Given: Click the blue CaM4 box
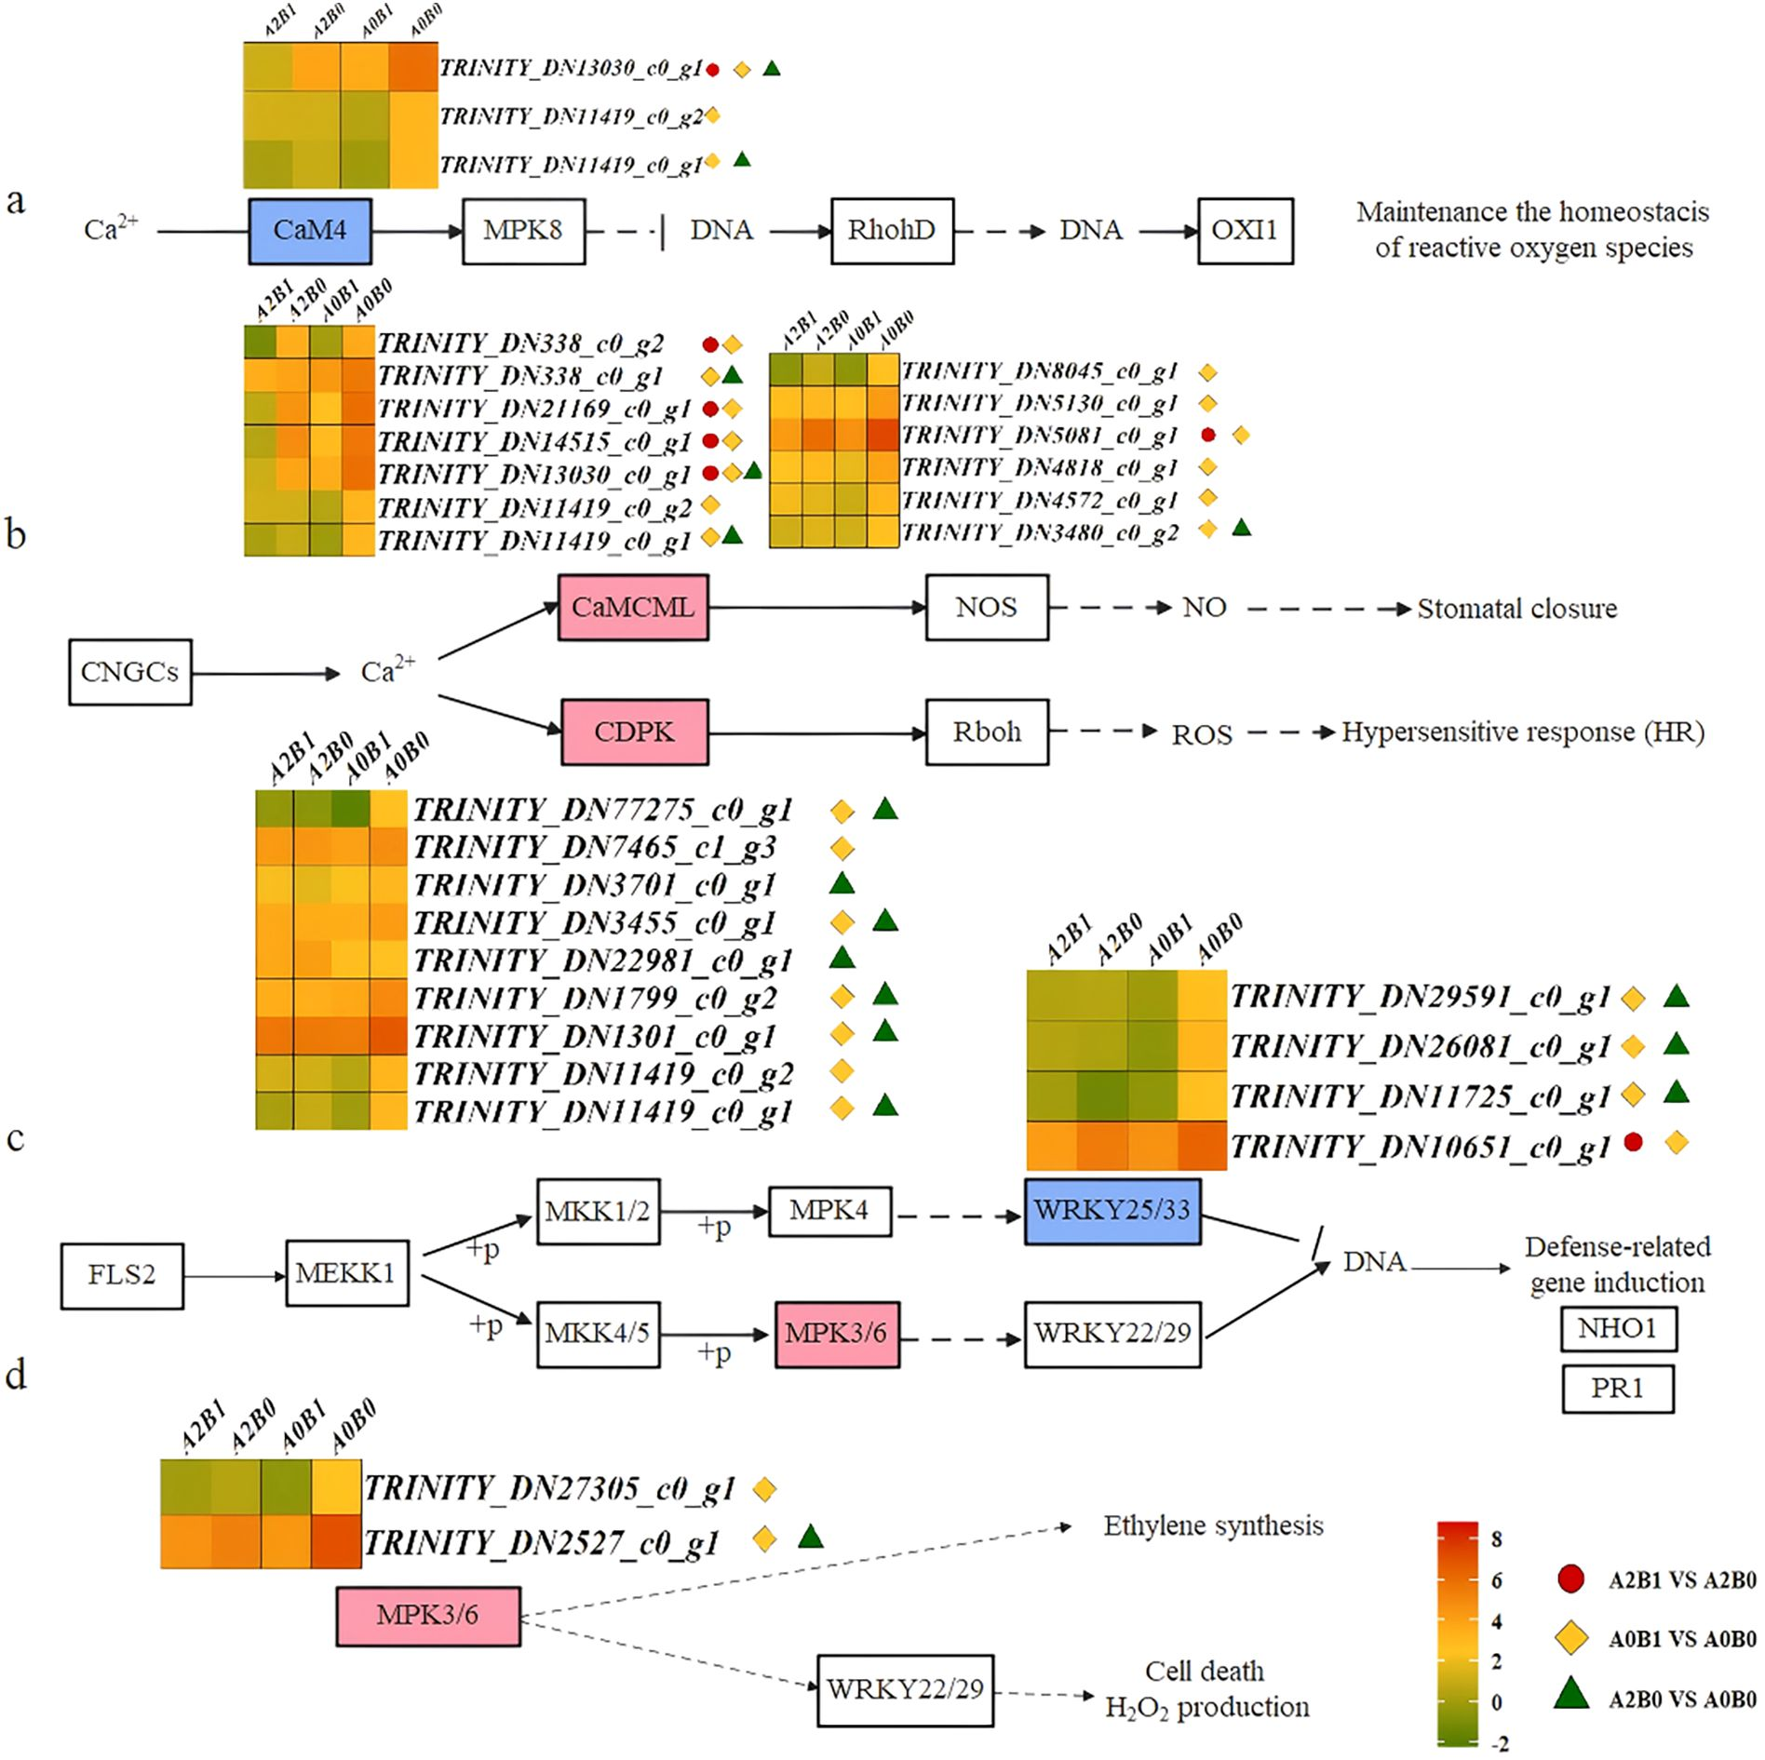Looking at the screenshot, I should tap(310, 231).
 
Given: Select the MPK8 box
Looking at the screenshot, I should tap(524, 231).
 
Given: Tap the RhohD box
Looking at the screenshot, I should tap(892, 231).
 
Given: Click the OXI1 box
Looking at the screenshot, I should tap(1245, 231).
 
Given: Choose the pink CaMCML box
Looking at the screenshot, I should tap(633, 608).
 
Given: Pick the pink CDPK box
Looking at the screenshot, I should tap(635, 732).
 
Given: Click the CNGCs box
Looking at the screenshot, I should tap(130, 672).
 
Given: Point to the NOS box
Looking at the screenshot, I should tap(987, 608).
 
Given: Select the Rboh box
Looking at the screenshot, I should tap(987, 732).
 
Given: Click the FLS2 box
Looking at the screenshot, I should tap(122, 1275).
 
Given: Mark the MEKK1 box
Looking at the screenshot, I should tap(347, 1273).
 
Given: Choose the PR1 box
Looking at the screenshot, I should tap(1618, 1389).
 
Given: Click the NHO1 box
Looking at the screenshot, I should tap(1618, 1328).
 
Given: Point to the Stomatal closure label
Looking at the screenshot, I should tap(1517, 609).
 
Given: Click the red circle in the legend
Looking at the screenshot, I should tap(1571, 1579).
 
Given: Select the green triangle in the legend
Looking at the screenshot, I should tap(1571, 1696).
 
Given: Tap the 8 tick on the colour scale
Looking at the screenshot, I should tap(1497, 1539).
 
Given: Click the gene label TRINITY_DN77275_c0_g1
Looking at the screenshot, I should tap(602, 811).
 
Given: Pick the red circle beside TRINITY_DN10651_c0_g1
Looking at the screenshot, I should tap(1633, 1142).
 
